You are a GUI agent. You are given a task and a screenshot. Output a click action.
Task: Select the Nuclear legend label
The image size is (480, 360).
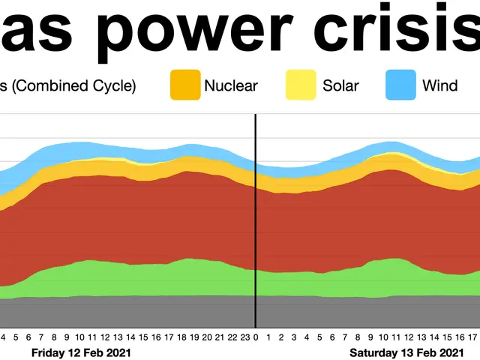pyautogui.click(x=231, y=85)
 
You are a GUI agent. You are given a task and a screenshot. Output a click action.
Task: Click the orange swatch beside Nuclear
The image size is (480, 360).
pyautogui.click(x=186, y=85)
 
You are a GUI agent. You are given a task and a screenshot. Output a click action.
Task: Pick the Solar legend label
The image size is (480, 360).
pyautogui.click(x=341, y=85)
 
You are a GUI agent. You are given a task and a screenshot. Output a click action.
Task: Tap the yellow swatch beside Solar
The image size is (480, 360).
pyautogui.click(x=301, y=85)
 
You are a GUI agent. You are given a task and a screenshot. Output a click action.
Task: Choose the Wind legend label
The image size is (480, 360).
pyautogui.click(x=439, y=85)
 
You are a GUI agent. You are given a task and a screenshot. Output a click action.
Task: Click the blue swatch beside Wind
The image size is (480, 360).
pyautogui.click(x=400, y=85)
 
